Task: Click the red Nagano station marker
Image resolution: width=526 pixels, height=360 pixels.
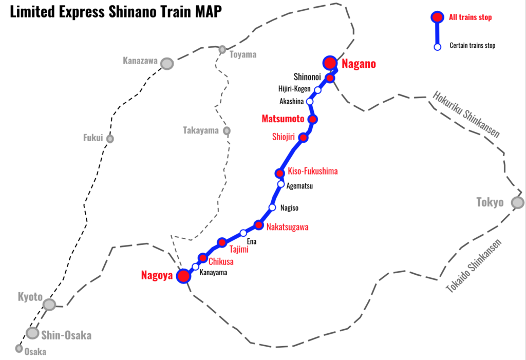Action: click(330, 63)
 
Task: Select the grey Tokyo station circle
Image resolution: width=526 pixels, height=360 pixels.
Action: click(518, 202)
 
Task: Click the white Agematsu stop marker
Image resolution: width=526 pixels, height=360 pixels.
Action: click(281, 184)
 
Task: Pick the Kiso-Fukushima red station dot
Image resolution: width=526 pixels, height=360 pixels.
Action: click(280, 173)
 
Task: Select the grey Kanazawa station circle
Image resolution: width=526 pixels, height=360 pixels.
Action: click(167, 63)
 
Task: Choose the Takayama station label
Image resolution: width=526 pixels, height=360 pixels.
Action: click(201, 130)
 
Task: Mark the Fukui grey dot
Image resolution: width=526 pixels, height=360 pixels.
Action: click(110, 139)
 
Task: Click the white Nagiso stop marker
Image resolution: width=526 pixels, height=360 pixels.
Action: click(273, 208)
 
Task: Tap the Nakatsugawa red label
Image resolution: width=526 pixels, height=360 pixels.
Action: click(288, 226)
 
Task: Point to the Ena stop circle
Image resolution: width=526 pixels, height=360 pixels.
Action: click(243, 233)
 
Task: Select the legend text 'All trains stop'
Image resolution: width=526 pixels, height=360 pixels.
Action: click(470, 17)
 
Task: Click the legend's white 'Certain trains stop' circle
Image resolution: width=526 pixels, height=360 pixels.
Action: click(438, 47)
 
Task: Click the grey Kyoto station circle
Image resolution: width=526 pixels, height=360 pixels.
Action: click(49, 305)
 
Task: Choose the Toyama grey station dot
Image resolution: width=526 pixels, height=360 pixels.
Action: click(222, 49)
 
